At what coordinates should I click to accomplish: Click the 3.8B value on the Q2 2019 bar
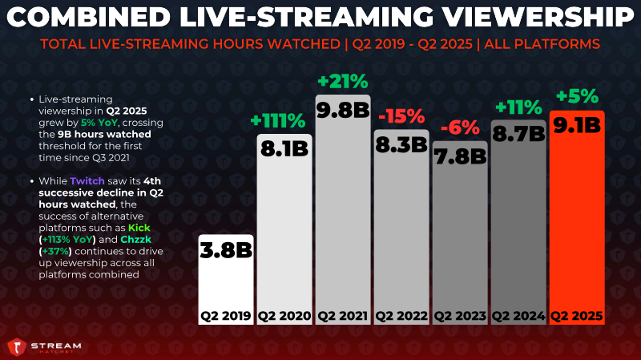(226, 250)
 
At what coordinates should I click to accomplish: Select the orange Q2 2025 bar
(577, 217)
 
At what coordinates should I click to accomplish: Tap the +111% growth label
(278, 121)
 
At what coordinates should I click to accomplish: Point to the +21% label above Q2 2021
(343, 82)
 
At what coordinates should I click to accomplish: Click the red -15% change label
(401, 116)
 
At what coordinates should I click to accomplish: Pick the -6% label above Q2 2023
(460, 128)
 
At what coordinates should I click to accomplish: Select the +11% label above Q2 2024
(518, 107)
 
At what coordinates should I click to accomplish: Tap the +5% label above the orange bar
(577, 96)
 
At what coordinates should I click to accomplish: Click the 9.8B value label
(343, 111)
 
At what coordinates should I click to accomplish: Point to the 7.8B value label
(460, 156)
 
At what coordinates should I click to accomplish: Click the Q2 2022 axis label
(401, 316)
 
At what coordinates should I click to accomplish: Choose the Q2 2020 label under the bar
(284, 316)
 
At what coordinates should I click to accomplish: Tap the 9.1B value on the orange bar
(577, 125)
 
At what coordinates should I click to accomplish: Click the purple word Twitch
(87, 181)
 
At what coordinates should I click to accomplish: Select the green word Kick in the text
(139, 228)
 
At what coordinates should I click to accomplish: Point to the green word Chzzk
(135, 239)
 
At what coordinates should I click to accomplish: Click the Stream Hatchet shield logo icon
(17, 347)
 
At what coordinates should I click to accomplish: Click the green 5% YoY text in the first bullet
(99, 123)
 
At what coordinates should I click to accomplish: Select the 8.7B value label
(518, 134)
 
